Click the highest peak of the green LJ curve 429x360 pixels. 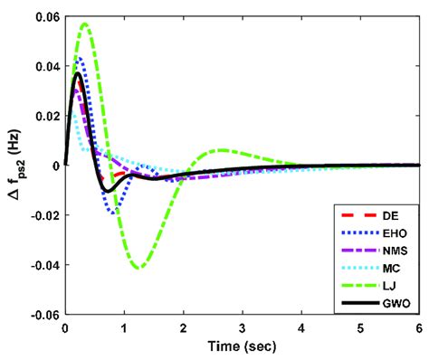85,24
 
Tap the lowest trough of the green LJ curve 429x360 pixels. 138,268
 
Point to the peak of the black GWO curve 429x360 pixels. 78,73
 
